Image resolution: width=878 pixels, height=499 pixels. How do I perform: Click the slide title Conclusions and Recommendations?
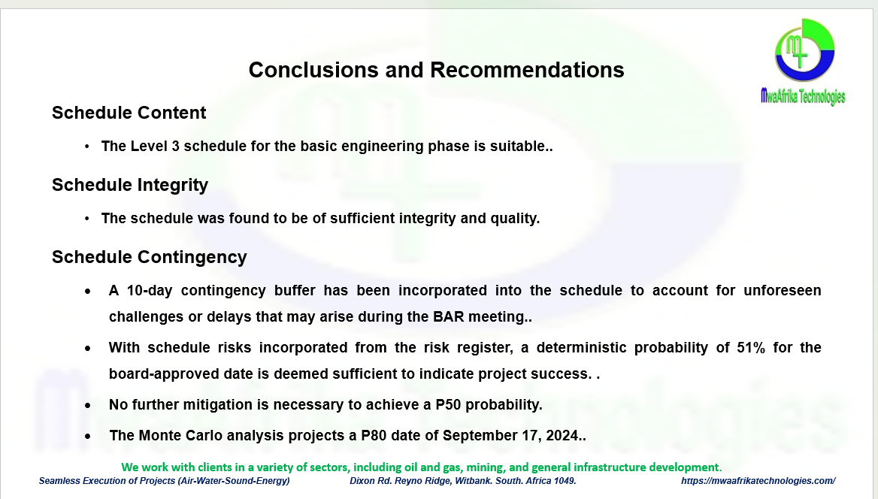pyautogui.click(x=436, y=70)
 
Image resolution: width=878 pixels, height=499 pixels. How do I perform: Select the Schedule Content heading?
pyautogui.click(x=129, y=113)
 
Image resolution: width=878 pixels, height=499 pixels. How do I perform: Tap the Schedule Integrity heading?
pyautogui.click(x=130, y=185)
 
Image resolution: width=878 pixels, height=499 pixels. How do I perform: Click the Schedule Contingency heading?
pyautogui.click(x=150, y=257)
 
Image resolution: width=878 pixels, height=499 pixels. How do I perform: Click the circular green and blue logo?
pyautogui.click(x=804, y=50)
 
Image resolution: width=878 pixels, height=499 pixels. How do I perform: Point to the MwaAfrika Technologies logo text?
pyautogui.click(x=803, y=96)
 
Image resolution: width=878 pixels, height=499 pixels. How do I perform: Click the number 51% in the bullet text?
pyautogui.click(x=751, y=348)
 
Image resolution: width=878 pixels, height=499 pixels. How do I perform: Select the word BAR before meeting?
pyautogui.click(x=449, y=317)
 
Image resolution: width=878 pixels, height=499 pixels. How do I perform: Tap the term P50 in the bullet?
pyautogui.click(x=449, y=405)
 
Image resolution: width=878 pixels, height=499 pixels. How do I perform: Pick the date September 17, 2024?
pyautogui.click(x=513, y=436)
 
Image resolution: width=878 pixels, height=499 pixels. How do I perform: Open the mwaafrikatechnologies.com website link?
pyautogui.click(x=758, y=481)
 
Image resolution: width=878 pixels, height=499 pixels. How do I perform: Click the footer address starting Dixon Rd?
pyautogui.click(x=463, y=481)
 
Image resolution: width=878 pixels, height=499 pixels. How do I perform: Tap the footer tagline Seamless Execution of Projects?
pyautogui.click(x=164, y=481)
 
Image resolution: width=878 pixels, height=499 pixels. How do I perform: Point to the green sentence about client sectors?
pyautogui.click(x=422, y=467)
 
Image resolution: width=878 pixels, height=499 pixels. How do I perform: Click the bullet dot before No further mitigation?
pyautogui.click(x=88, y=406)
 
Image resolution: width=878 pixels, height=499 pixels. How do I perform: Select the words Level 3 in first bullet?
pyautogui.click(x=155, y=147)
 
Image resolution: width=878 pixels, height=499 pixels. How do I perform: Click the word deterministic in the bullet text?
pyautogui.click(x=581, y=348)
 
